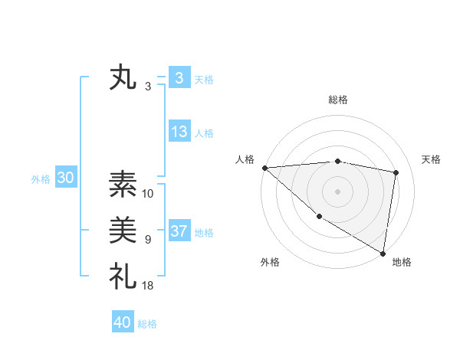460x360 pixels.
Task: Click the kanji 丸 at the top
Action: pyautogui.click(x=123, y=79)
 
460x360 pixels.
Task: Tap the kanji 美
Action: pyautogui.click(x=123, y=230)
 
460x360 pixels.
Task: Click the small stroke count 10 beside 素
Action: pyautogui.click(x=148, y=194)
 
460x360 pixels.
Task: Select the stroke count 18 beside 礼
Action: pyautogui.click(x=148, y=285)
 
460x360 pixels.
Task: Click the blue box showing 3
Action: pyautogui.click(x=179, y=78)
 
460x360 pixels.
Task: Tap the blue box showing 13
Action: pyautogui.click(x=179, y=132)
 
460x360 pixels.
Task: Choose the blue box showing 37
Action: pyautogui.click(x=179, y=231)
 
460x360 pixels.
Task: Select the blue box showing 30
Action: pyautogui.click(x=66, y=178)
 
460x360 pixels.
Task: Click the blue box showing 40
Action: pyautogui.click(x=123, y=322)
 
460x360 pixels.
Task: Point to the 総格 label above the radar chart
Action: pyautogui.click(x=338, y=100)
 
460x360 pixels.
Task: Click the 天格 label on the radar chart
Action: pyautogui.click(x=432, y=159)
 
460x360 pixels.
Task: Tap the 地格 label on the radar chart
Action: pyautogui.click(x=402, y=263)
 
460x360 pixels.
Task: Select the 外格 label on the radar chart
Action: pyautogui.click(x=270, y=263)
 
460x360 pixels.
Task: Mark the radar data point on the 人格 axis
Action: pyautogui.click(x=264, y=168)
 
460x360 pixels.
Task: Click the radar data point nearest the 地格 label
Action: pyautogui.click(x=383, y=253)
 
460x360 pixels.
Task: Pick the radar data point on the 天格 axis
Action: pyautogui.click(x=396, y=172)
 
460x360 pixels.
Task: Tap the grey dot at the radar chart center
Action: pyautogui.click(x=338, y=191)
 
